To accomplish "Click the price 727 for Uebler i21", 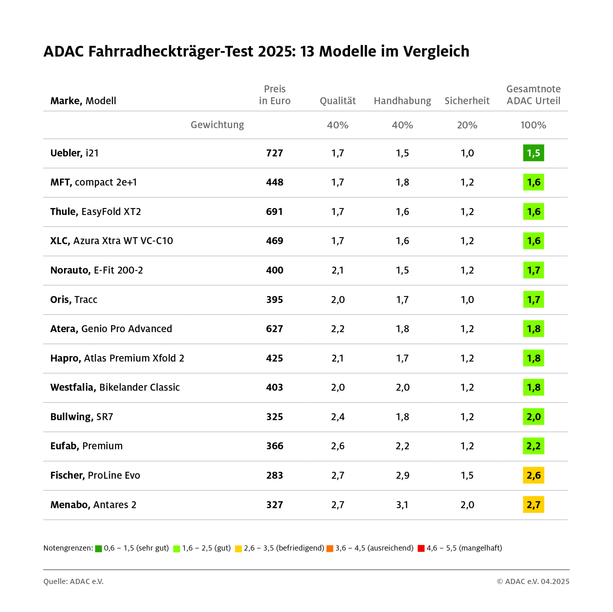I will pos(274,153).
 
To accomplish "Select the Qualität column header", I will pos(337,101).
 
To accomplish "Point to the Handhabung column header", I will pos(402,101).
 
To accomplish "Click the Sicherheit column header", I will pos(467,101).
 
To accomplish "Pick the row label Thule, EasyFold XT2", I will pos(96,212).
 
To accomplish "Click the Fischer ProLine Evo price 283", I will pos(274,475).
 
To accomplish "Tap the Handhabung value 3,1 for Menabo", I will pos(402,505).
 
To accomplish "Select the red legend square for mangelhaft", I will pos(421,548).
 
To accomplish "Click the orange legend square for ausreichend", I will pos(330,548).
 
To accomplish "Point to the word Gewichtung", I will pos(217,125).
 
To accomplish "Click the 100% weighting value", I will pos(533,125).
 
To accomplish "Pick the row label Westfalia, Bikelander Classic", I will pos(115,387).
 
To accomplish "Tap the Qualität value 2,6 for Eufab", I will pos(337,446).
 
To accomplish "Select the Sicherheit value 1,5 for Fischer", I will pos(467,475).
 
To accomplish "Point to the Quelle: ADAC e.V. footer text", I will pos(74,582).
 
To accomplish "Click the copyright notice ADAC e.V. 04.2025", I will pos(533,582).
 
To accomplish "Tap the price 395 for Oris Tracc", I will pos(274,299).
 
